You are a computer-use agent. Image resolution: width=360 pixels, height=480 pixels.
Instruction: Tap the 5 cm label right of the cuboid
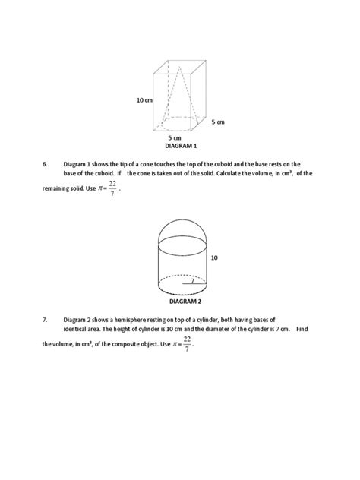(x=218, y=121)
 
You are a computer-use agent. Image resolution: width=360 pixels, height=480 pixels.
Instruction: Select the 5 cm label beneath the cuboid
(x=175, y=137)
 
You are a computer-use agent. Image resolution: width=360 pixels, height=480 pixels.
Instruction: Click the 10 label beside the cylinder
(x=214, y=258)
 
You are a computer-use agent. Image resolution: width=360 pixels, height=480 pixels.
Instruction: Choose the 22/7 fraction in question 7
(x=187, y=343)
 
